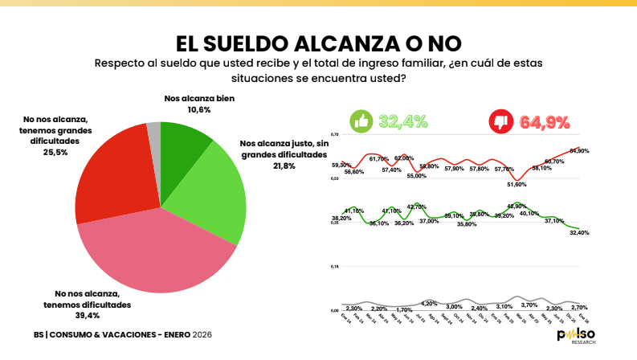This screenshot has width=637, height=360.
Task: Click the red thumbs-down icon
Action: tap(502, 122)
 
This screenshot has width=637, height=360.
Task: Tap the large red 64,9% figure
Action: tap(545, 122)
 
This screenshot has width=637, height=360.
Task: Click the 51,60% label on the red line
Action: tap(517, 184)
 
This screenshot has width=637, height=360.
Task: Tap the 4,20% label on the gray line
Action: tap(429, 303)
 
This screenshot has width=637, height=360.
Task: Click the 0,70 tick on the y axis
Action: tap(335, 134)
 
